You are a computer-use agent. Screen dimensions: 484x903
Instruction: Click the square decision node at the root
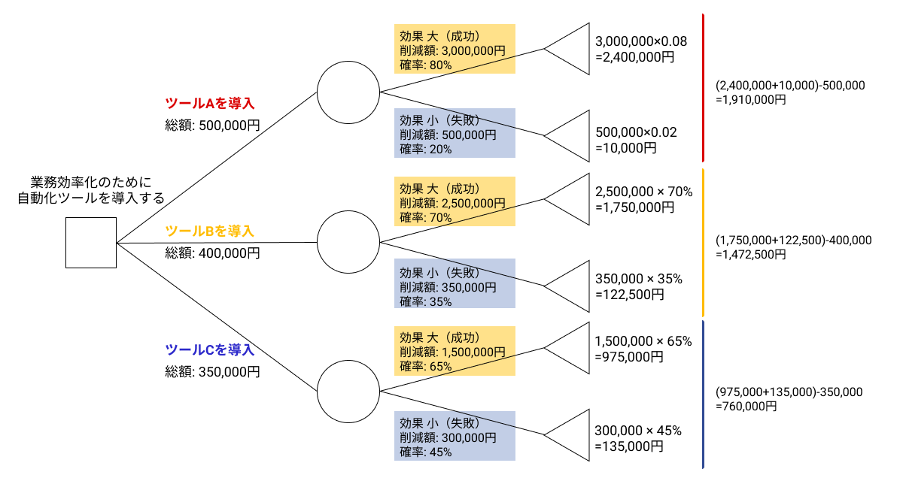click(x=90, y=243)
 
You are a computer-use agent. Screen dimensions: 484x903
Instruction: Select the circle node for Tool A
click(x=348, y=92)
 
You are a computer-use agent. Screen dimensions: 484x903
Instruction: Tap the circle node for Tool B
click(x=348, y=242)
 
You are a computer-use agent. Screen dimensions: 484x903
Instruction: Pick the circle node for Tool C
click(x=348, y=392)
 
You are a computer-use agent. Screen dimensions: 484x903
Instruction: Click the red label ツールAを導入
click(x=210, y=104)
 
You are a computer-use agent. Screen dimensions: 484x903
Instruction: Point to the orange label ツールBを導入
click(x=210, y=231)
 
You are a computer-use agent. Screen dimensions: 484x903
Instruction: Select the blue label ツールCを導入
click(x=210, y=349)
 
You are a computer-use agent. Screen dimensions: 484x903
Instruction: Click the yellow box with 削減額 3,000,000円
click(x=455, y=50)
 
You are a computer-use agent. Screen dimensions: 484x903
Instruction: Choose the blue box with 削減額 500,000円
click(x=455, y=134)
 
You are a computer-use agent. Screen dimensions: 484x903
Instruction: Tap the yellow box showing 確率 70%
click(x=455, y=201)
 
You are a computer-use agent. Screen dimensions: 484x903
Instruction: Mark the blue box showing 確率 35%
click(x=455, y=284)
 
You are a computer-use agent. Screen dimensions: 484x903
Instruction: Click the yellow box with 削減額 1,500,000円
click(x=455, y=351)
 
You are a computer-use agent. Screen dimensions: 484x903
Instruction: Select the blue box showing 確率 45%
click(x=455, y=436)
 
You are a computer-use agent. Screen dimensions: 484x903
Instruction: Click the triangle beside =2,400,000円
click(x=572, y=49)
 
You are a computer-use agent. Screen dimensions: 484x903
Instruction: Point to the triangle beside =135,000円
click(x=572, y=436)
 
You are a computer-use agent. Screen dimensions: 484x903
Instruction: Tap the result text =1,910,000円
click(x=751, y=99)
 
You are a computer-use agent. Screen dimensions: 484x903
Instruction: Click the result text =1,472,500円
click(x=751, y=254)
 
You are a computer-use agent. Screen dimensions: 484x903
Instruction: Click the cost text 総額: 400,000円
click(x=213, y=253)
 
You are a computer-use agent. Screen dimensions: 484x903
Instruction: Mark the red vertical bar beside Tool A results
click(x=702, y=87)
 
